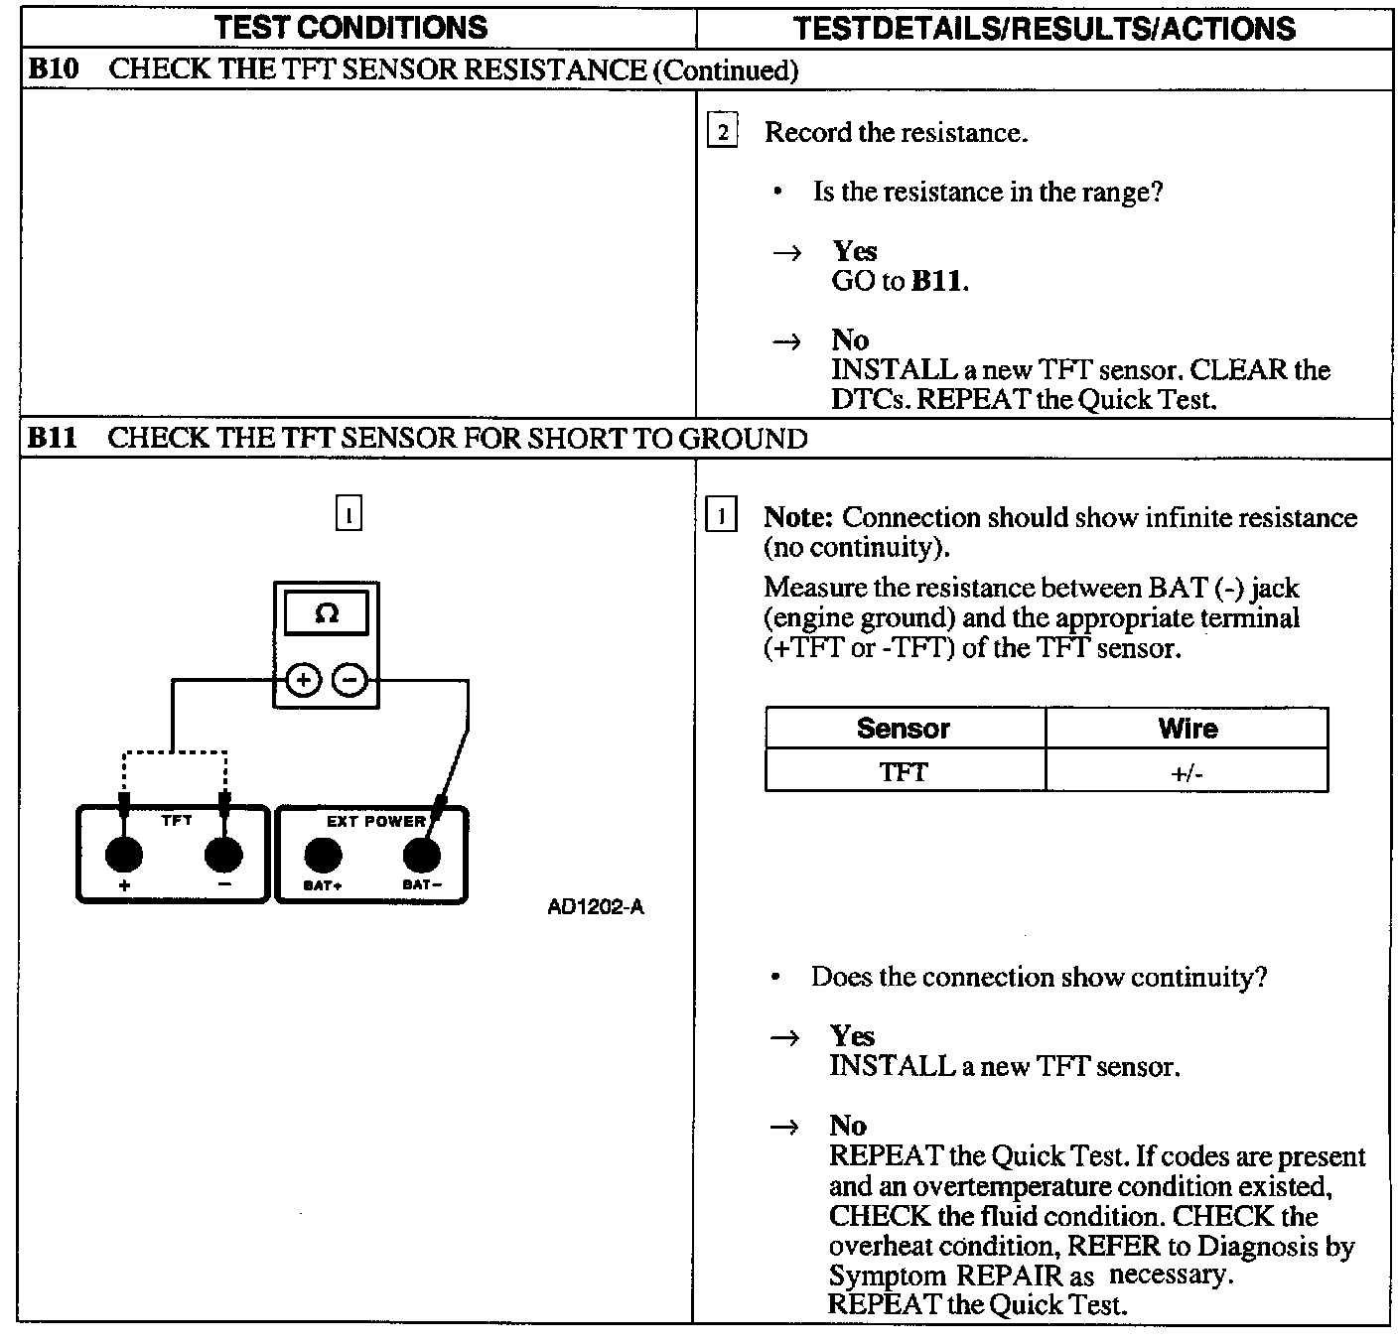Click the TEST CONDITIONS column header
tap(351, 27)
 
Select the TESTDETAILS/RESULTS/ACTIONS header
tap(1045, 28)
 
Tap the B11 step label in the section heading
tap(53, 438)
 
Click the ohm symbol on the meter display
tap(326, 614)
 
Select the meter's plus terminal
tap(303, 681)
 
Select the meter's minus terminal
tap(349, 681)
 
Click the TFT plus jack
tap(124, 854)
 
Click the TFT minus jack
tap(223, 854)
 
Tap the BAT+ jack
tap(323, 854)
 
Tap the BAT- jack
tap(421, 854)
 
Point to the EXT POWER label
tap(375, 821)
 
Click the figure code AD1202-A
tap(596, 907)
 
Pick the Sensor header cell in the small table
tap(904, 729)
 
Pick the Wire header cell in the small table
tap(1188, 729)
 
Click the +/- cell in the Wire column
tap(1188, 772)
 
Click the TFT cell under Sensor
tap(904, 772)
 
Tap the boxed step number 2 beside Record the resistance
tap(722, 132)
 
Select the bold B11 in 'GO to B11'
tap(936, 281)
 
